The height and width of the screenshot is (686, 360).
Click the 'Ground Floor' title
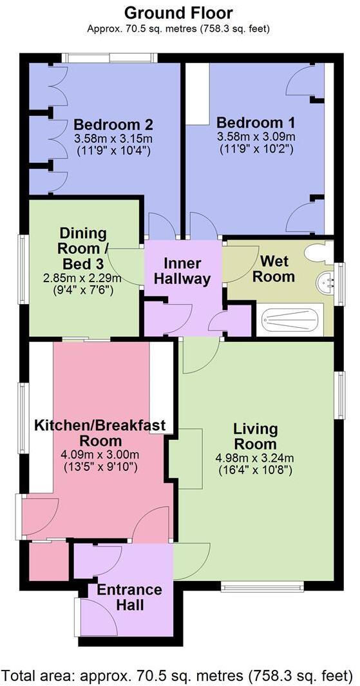coord(178,12)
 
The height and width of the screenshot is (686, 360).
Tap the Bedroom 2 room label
coord(113,124)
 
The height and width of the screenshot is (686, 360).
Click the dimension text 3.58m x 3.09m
coord(256,137)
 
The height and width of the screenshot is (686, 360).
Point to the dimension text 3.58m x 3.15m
coord(113,138)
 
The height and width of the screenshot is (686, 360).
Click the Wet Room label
coord(278,269)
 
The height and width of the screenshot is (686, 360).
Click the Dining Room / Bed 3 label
coord(83,248)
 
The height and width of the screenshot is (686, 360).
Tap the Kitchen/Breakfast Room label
coord(100,433)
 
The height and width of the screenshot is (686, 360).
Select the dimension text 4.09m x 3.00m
coord(100,454)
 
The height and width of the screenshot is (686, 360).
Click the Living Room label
coord(256,436)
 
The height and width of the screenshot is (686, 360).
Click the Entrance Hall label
coord(129,597)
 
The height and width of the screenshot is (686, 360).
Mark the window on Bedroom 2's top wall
coord(109,58)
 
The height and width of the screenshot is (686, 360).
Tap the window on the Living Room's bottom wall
coord(261,586)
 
